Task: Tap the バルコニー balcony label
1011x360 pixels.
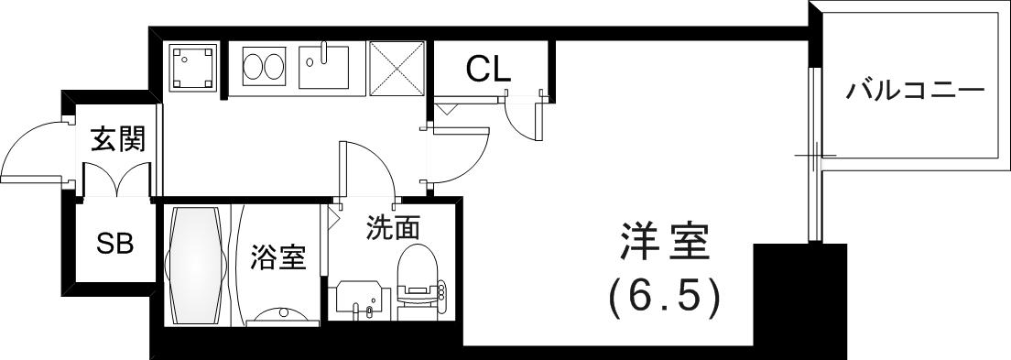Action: [914, 92]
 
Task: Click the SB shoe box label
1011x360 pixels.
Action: [115, 244]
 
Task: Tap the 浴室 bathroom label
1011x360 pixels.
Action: [277, 258]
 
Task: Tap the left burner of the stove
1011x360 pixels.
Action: [253, 67]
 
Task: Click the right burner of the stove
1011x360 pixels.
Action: [274, 67]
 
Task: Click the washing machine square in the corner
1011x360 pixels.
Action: [194, 67]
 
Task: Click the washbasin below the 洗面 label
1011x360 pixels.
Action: [361, 300]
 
